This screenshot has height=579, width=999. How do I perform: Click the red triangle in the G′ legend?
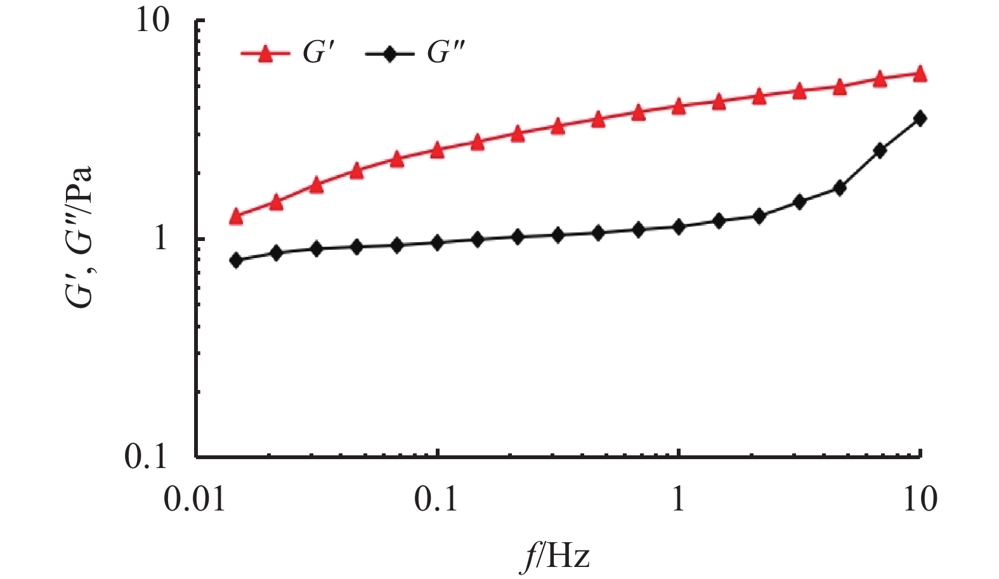pyautogui.click(x=266, y=54)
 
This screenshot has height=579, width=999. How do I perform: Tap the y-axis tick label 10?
pyautogui.click(x=153, y=22)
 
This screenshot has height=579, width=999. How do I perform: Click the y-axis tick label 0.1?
pyautogui.click(x=145, y=456)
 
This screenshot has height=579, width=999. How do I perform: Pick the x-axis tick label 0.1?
pyautogui.click(x=438, y=500)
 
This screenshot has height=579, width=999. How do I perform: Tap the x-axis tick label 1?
pyautogui.click(x=679, y=500)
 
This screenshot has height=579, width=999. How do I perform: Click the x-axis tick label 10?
pyautogui.click(x=919, y=500)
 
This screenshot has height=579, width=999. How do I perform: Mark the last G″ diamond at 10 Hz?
pyautogui.click(x=920, y=118)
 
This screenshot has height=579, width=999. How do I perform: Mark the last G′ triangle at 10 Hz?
pyautogui.click(x=920, y=74)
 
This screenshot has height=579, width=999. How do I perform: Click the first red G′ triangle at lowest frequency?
pyautogui.click(x=237, y=216)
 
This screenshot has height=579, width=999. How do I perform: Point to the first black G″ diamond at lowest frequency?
pyautogui.click(x=237, y=260)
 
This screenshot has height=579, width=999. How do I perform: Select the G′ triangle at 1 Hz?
pyautogui.click(x=679, y=106)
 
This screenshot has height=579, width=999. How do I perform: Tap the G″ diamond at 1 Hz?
pyautogui.click(x=679, y=227)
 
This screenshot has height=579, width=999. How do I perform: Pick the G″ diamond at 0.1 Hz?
pyautogui.click(x=437, y=242)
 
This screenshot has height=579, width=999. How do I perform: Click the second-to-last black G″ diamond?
pyautogui.click(x=880, y=150)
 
